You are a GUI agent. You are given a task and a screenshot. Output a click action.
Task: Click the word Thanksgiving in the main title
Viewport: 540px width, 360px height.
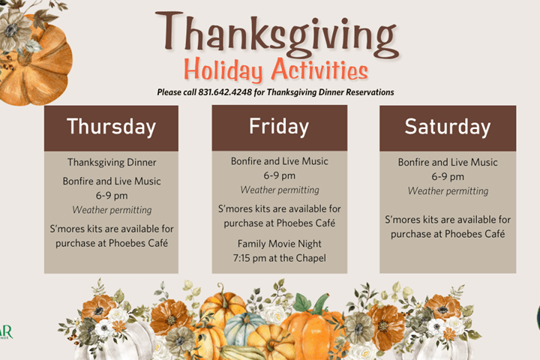click(277, 34)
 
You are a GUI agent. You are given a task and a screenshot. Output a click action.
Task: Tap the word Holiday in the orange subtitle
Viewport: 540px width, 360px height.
click(223, 70)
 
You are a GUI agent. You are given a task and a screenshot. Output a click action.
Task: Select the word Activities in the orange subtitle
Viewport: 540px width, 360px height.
click(319, 69)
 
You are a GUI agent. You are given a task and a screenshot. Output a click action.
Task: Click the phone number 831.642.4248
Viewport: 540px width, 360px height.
click(225, 92)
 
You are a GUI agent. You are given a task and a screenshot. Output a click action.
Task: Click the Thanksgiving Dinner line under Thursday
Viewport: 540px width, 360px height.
click(112, 162)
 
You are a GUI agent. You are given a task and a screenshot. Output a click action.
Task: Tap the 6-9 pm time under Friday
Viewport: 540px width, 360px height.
click(279, 175)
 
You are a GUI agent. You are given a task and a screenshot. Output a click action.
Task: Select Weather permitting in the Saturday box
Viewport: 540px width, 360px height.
click(448, 190)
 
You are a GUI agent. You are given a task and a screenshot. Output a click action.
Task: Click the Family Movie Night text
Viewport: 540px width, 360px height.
click(279, 244)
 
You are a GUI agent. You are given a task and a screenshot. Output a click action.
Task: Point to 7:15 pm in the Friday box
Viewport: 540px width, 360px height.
click(247, 258)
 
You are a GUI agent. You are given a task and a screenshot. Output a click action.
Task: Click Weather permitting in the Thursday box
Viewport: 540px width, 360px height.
click(112, 210)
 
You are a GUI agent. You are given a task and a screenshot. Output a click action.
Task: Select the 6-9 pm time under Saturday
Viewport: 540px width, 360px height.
click(448, 177)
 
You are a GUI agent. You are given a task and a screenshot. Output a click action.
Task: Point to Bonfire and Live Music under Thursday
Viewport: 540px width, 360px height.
click(112, 181)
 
